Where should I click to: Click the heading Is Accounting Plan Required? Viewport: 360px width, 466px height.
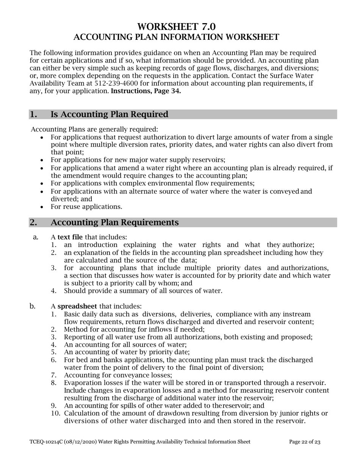(x=109, y=114)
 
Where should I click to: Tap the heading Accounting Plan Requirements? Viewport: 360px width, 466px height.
(x=114, y=222)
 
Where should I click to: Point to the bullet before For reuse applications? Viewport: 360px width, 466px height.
(x=42, y=207)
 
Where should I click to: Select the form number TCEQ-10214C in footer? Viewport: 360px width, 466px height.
(x=45, y=442)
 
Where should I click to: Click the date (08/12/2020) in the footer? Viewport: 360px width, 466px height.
(x=75, y=442)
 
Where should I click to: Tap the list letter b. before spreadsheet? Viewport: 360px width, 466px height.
(x=33, y=306)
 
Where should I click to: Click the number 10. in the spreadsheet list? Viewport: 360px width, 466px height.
(x=56, y=413)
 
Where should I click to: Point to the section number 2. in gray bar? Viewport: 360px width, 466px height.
(x=34, y=222)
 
